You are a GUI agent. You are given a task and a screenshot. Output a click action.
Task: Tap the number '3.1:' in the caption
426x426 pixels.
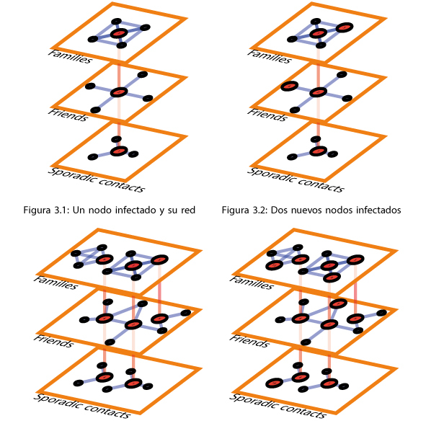[x=62, y=210]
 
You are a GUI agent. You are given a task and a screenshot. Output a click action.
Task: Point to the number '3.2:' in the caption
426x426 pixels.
[x=260, y=210]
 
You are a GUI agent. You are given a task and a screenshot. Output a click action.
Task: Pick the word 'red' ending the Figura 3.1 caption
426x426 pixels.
[x=188, y=210]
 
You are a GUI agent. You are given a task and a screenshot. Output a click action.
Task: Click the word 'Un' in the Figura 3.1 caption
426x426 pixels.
[x=79, y=210]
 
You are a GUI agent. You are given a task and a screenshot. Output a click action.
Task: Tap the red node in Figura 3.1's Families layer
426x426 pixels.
[x=119, y=33]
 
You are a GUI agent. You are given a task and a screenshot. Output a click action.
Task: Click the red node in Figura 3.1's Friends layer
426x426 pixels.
[x=119, y=92]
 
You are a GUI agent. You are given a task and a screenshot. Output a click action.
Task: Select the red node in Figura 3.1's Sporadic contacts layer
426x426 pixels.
[x=119, y=151]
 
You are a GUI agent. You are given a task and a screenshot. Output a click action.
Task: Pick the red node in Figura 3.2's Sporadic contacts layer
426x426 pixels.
[x=318, y=151]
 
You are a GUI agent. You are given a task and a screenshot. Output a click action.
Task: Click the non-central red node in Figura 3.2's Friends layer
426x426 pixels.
[x=289, y=86]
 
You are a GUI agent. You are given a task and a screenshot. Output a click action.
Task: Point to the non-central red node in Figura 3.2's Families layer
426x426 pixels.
[x=345, y=27]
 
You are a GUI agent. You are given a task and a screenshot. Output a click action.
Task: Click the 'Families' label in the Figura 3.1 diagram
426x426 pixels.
[x=71, y=56]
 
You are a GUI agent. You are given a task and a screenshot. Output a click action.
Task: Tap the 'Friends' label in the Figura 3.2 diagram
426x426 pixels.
[x=267, y=115]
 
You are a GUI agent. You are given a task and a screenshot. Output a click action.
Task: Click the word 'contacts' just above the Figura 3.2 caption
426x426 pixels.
[x=321, y=185]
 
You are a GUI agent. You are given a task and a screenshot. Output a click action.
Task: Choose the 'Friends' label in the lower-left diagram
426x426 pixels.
[x=53, y=341]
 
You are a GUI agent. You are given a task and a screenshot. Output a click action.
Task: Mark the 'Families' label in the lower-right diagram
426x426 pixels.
[x=252, y=283]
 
